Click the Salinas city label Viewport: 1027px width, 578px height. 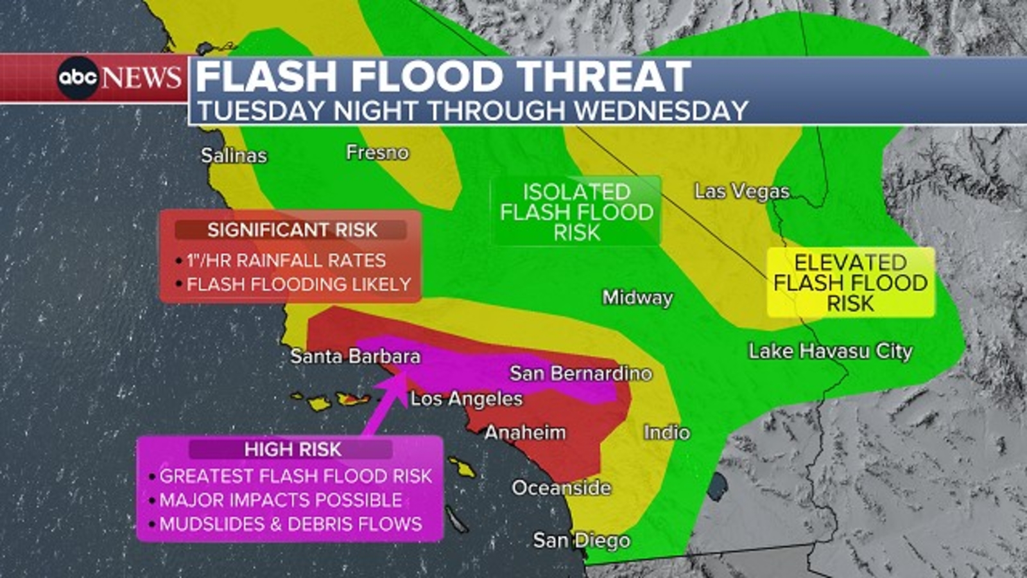tap(234, 155)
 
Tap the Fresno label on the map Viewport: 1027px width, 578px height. tap(377, 152)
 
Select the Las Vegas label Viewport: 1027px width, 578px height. tap(742, 191)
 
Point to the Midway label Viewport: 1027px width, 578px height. tap(637, 297)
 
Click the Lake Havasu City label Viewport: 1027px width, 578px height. tap(831, 351)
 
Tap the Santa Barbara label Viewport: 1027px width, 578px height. tap(355, 356)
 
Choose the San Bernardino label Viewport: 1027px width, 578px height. tap(580, 373)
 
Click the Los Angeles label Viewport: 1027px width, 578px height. tap(467, 399)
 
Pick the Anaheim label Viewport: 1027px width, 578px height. tap(525, 432)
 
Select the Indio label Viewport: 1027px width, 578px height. tap(667, 432)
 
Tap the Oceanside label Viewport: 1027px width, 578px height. tap(561, 488)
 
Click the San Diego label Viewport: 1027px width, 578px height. tap(582, 541)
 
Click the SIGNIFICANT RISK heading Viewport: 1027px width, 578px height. tap(292, 230)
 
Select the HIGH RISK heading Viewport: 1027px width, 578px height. tap(293, 450)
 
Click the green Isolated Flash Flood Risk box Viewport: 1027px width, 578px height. tap(576, 212)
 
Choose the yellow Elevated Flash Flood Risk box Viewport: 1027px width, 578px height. tap(850, 283)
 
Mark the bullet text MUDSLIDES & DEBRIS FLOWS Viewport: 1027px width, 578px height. tap(291, 524)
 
